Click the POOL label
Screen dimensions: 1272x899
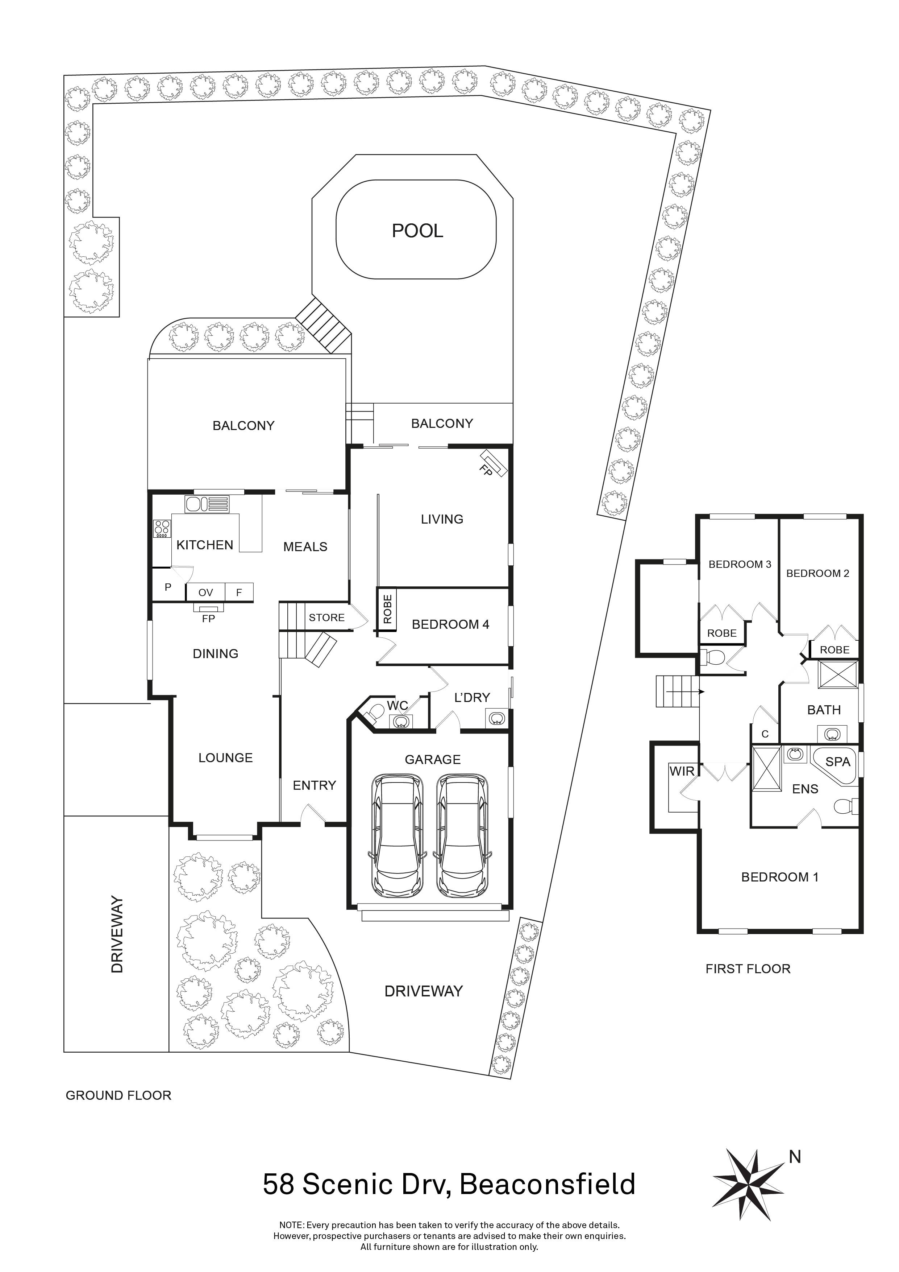pos(417,231)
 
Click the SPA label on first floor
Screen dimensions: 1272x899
pos(837,762)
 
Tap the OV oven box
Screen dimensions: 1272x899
pos(205,592)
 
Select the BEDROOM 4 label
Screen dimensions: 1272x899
pos(450,624)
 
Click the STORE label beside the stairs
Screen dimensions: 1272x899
pos(326,618)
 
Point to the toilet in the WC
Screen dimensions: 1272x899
pos(377,711)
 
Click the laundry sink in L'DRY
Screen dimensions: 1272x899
pos(495,719)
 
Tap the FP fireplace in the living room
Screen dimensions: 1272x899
pos(494,463)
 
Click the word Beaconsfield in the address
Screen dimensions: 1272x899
pos(547,1185)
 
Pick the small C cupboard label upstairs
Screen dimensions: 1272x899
pos(765,734)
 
